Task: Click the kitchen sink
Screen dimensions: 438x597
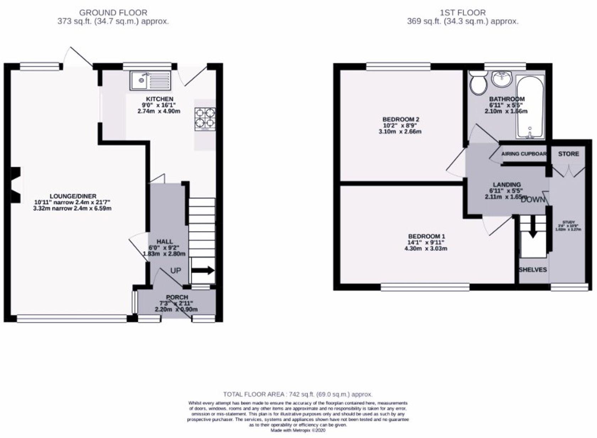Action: (x=150, y=80)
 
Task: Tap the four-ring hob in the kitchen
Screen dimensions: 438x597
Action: (x=205, y=118)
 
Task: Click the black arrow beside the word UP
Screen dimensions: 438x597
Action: (x=203, y=271)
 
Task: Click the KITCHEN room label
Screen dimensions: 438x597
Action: (x=160, y=99)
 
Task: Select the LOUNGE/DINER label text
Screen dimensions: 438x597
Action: (x=73, y=196)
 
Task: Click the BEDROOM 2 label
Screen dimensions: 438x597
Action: (x=398, y=119)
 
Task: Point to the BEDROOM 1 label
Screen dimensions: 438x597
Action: (x=426, y=236)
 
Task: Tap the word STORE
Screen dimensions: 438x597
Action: (x=568, y=154)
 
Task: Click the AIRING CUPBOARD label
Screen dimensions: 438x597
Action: (x=523, y=154)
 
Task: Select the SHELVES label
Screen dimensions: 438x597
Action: (x=532, y=270)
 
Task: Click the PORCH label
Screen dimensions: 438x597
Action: (x=177, y=297)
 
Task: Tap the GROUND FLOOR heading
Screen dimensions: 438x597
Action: (x=113, y=13)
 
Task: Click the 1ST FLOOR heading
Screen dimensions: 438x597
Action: (x=462, y=13)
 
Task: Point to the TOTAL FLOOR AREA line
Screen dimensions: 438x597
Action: (x=298, y=394)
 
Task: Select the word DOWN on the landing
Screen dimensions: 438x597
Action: (x=532, y=200)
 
